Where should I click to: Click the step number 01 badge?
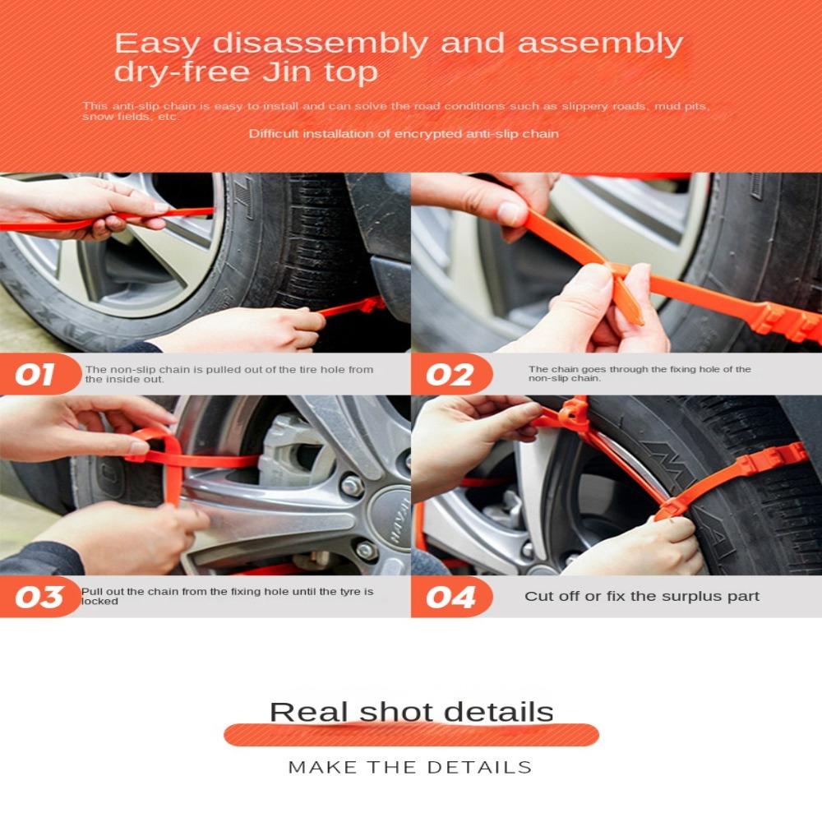(37, 374)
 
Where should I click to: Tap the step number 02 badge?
(450, 374)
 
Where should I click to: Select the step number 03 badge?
(38, 597)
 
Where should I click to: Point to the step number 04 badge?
(450, 597)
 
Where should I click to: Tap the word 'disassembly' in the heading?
(320, 43)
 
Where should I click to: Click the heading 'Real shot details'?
(412, 712)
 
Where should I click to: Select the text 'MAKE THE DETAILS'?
(410, 768)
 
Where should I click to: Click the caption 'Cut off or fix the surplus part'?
(642, 597)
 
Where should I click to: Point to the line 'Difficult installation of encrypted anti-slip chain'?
(404, 134)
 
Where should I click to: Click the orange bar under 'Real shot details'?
(411, 734)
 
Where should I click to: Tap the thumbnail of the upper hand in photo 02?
(509, 214)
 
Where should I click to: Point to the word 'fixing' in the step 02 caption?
(682, 370)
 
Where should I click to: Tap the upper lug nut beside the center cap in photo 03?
(352, 486)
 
